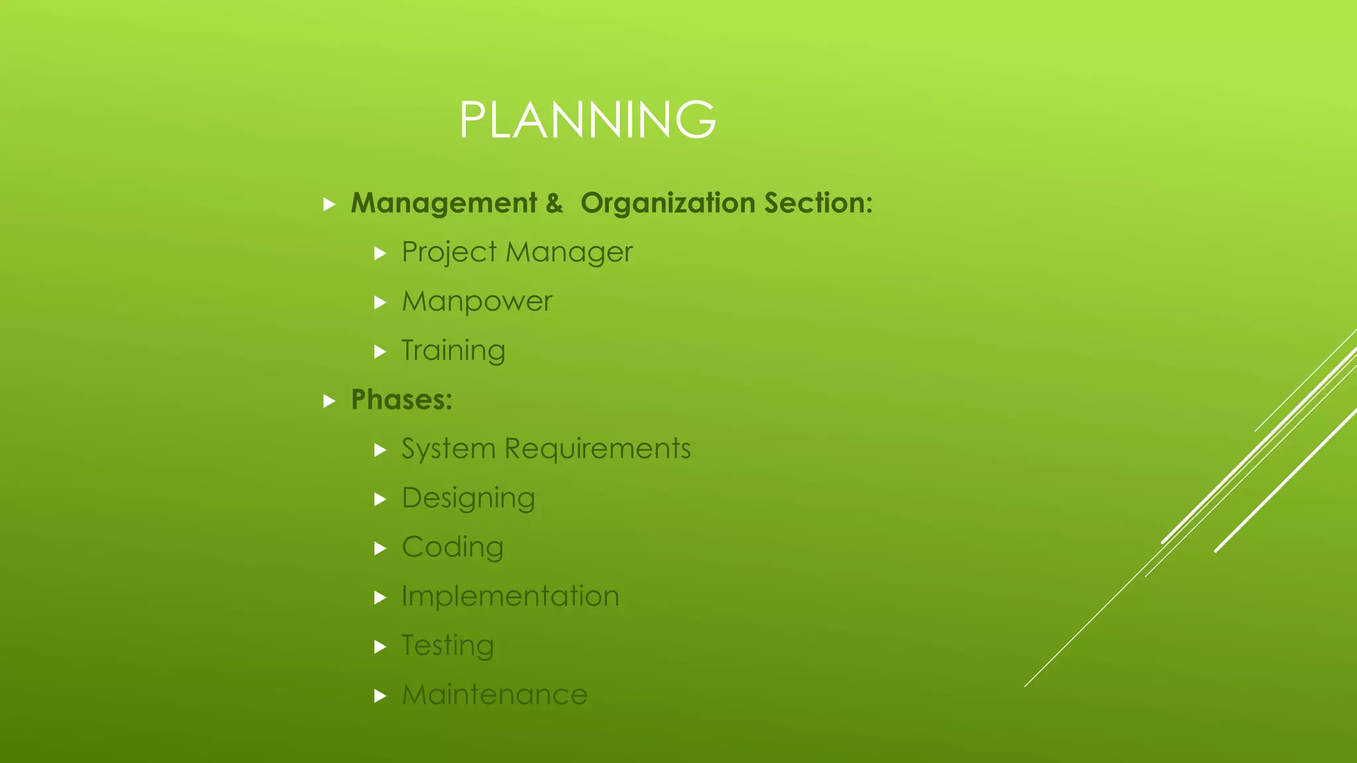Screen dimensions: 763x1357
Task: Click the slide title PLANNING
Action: [x=587, y=120]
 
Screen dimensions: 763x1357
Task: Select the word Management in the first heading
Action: [x=444, y=203]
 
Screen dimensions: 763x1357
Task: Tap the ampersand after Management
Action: [x=555, y=203]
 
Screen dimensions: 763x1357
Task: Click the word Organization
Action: [x=668, y=203]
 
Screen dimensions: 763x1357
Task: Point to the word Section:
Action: [x=818, y=203]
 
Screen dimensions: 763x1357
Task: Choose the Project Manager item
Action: [x=517, y=252]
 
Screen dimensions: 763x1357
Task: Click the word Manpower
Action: [x=477, y=301]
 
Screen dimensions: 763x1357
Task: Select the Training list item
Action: [x=453, y=350]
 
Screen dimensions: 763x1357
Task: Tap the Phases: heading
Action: [x=402, y=400]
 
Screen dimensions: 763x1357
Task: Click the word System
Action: [x=449, y=449]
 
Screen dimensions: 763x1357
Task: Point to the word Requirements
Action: [x=598, y=449]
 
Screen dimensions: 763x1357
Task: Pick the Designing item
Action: [x=468, y=498]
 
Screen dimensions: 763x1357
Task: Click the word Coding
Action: [x=453, y=547]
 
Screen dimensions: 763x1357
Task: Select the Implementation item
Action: [x=510, y=596]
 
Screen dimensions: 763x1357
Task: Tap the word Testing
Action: [x=448, y=646]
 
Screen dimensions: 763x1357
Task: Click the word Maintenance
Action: [x=494, y=695]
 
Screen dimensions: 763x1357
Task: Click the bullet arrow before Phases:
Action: [x=329, y=401]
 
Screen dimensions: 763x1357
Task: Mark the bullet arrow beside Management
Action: [x=329, y=204]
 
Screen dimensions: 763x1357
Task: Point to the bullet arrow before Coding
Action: [x=380, y=548]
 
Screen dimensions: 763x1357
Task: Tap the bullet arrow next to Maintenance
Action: [x=380, y=696]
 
